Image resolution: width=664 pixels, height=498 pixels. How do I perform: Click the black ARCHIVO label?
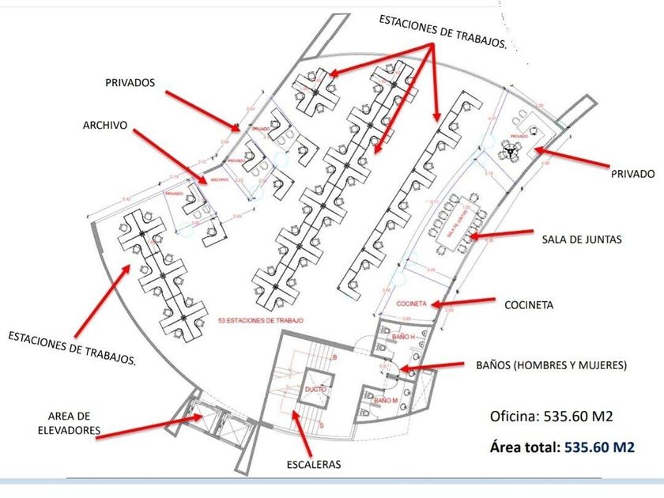pos(106,125)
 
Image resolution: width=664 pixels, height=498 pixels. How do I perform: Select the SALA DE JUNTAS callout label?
pos(581,238)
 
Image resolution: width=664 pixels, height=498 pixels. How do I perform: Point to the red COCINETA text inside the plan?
pos(412,304)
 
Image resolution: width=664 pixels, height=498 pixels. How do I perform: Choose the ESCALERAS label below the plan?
pos(314,464)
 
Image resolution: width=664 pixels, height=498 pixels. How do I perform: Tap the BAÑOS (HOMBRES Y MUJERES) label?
pos(552,365)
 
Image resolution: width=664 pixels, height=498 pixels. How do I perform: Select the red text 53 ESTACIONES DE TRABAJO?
pos(261,320)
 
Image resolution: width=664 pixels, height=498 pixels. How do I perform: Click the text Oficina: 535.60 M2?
pos(552,417)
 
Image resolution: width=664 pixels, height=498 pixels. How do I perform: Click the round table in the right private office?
pos(511,149)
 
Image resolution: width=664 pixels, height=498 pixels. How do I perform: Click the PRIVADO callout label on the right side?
pos(632,173)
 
